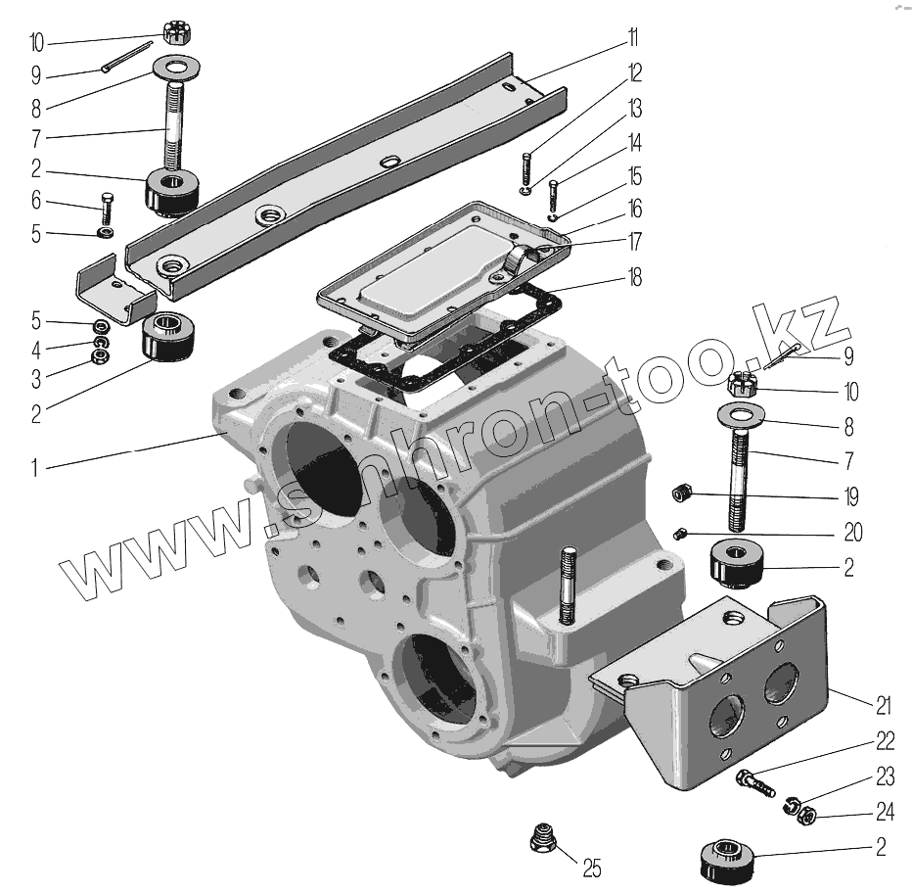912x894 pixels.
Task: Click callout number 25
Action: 591,868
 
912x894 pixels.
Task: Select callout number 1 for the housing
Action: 36,468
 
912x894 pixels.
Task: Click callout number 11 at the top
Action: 633,39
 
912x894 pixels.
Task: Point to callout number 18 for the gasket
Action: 634,278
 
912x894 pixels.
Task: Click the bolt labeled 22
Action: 753,781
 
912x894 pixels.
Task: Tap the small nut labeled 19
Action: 684,494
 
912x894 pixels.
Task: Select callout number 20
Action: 853,532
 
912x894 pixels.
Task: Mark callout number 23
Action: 885,778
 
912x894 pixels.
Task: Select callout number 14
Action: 634,144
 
